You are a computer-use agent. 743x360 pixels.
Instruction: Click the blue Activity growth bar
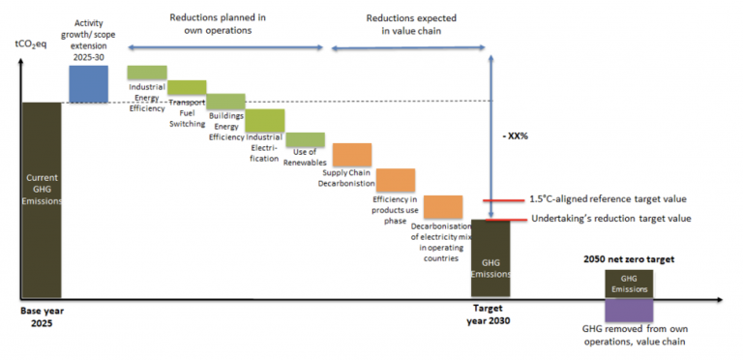click(88, 82)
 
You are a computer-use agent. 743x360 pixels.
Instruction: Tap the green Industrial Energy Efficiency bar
click(147, 73)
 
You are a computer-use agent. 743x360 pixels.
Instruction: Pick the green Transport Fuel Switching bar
click(187, 87)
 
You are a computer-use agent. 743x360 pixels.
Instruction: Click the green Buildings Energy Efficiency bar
click(226, 102)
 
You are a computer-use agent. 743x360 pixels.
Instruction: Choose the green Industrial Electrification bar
click(265, 119)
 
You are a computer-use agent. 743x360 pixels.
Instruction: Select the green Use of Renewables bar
click(305, 140)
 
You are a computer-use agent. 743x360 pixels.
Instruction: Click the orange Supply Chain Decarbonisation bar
click(352, 155)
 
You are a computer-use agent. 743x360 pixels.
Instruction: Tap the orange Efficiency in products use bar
click(396, 179)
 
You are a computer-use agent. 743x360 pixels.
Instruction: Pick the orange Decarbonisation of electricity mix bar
click(442, 207)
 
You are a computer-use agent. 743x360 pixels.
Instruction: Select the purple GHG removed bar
click(629, 310)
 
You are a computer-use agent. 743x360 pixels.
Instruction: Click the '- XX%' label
click(518, 135)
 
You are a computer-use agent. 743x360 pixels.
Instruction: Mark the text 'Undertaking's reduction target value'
click(610, 219)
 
